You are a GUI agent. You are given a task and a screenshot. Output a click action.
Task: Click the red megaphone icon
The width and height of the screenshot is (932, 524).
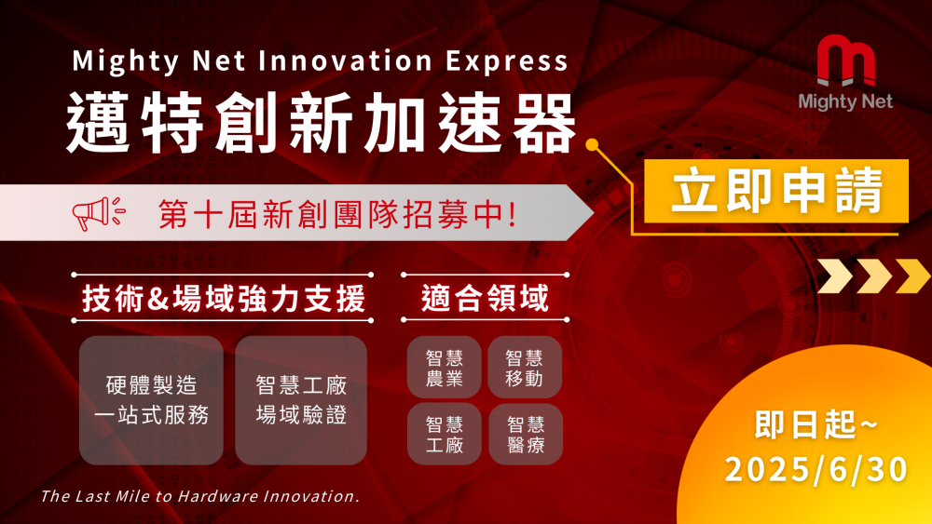[99, 213]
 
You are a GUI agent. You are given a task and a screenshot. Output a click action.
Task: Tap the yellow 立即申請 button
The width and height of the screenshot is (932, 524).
[776, 191]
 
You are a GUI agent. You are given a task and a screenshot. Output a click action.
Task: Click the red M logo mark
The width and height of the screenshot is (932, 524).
[846, 60]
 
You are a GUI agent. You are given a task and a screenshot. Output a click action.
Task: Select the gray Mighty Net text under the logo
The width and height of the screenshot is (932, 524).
[845, 101]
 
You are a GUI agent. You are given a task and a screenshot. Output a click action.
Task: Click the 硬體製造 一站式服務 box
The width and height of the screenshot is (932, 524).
[151, 400]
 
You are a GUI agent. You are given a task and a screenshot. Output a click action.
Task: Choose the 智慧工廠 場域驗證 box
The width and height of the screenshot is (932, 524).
[301, 400]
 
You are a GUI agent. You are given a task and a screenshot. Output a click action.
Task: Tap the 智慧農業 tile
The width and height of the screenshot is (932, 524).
[444, 368]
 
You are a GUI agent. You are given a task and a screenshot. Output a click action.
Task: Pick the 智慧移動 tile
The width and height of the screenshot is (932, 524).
[525, 368]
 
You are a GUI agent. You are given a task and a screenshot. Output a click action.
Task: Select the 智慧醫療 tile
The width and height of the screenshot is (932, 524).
[526, 435]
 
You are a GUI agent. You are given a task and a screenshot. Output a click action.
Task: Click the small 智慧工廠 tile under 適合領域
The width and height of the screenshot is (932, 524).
[444, 435]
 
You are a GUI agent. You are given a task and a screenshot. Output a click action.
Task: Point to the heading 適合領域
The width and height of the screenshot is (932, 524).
[485, 298]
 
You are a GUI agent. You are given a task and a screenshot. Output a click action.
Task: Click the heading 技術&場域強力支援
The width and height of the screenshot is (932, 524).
[223, 298]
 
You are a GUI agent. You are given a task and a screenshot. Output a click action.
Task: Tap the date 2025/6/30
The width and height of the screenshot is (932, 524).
[816, 469]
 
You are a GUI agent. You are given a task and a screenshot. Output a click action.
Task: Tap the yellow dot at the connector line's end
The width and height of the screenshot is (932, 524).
[592, 144]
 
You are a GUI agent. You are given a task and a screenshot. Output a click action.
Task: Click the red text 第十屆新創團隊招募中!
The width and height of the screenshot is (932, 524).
[337, 214]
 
